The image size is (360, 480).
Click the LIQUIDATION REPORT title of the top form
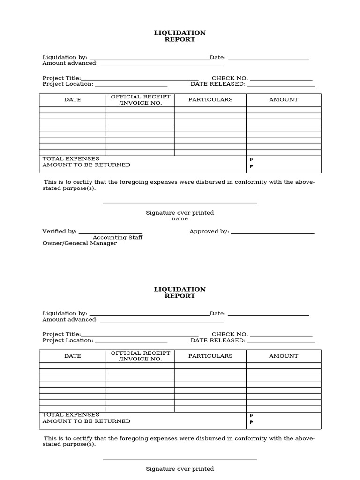[x=180, y=36]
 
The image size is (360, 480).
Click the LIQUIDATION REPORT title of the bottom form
[x=180, y=292]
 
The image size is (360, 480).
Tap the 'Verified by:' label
[x=60, y=231]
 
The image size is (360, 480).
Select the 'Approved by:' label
[x=209, y=231]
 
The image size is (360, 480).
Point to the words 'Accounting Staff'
[x=118, y=237]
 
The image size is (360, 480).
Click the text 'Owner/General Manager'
[x=80, y=243]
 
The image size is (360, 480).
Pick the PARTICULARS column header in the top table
[x=210, y=99]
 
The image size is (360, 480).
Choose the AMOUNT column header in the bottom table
[x=284, y=356]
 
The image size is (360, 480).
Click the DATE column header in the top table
[x=73, y=99]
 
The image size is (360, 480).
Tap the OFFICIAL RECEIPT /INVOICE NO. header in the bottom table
[x=141, y=356]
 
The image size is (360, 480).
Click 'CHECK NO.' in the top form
[x=230, y=78]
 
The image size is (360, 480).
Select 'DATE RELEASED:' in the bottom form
[x=218, y=340]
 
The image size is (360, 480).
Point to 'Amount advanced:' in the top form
[x=70, y=63]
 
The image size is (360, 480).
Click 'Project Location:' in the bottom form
[x=68, y=340]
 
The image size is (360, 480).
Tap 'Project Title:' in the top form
[x=62, y=78]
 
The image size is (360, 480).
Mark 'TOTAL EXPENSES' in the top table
[x=71, y=158]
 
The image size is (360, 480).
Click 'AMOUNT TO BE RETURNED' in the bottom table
[x=86, y=421]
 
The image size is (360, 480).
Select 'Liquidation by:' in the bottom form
[x=65, y=313]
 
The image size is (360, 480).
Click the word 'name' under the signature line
[x=180, y=218]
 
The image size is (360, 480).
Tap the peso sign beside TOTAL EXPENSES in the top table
[x=251, y=160]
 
